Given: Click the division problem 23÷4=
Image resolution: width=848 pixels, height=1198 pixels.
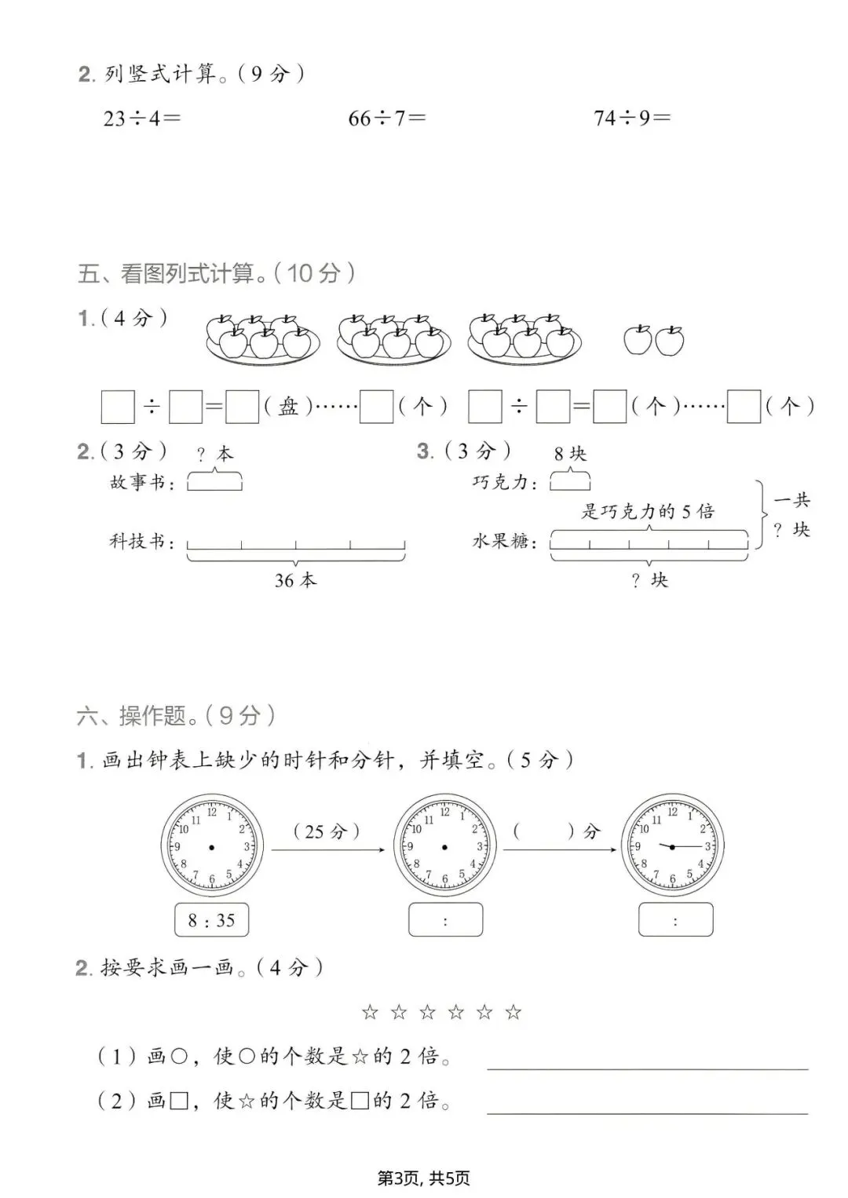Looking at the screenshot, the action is tap(141, 119).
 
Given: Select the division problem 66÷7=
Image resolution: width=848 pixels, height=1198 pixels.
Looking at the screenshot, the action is tap(387, 119).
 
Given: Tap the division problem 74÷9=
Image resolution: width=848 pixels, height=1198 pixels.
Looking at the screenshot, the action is tap(632, 119).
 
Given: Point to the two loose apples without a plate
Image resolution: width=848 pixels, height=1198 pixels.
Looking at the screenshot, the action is tap(653, 340).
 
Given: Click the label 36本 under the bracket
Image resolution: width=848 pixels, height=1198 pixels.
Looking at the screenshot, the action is tap(295, 580).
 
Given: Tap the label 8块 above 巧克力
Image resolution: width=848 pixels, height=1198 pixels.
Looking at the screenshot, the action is tap(570, 454).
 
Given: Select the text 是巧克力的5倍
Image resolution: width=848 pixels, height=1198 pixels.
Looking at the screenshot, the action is tap(648, 512).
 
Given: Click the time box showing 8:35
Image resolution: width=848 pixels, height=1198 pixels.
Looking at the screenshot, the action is tap(211, 920).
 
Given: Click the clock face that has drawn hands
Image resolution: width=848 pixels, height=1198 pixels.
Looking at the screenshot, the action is tap(672, 846).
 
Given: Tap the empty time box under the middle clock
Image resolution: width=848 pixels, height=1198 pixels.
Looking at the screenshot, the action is tap(445, 920).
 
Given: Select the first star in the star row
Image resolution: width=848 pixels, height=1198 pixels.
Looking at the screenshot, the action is tap(370, 1013).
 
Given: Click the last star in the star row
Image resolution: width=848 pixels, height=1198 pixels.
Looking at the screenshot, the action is tap(514, 1013).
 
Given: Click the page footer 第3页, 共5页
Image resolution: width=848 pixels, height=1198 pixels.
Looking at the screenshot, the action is tap(424, 1178).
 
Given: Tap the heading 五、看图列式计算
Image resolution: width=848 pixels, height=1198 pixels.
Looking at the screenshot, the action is tap(216, 273).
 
